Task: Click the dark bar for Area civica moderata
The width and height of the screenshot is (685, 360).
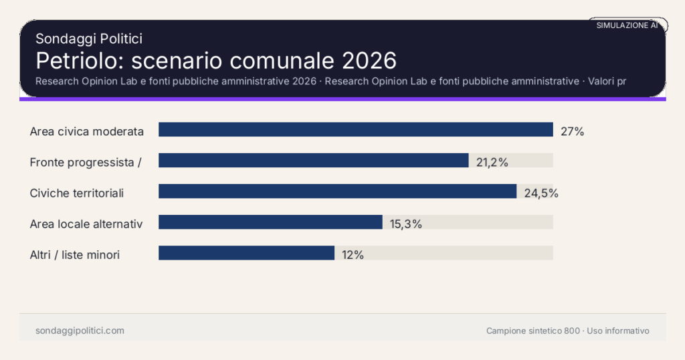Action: [355, 130]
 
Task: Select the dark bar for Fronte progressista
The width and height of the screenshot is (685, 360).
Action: [313, 161]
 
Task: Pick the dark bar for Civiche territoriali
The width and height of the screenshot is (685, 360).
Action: [337, 191]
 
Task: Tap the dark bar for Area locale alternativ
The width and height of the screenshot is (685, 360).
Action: [270, 222]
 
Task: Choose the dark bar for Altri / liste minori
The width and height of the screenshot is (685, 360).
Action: [246, 253]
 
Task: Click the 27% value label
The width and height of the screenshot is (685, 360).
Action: [572, 131]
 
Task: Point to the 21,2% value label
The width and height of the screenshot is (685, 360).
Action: [492, 162]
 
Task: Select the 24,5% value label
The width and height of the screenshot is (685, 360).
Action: [541, 193]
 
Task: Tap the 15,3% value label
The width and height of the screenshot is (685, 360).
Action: [405, 224]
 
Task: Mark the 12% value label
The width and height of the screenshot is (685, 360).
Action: [353, 255]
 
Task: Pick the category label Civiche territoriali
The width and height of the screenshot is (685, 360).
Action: [77, 193]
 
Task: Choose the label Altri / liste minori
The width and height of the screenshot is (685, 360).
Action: [75, 255]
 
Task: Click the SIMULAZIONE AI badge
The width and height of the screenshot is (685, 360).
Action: [627, 25]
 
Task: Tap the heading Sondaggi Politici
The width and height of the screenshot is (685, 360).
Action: [88, 39]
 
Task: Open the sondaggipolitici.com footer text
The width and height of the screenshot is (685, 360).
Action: [80, 331]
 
